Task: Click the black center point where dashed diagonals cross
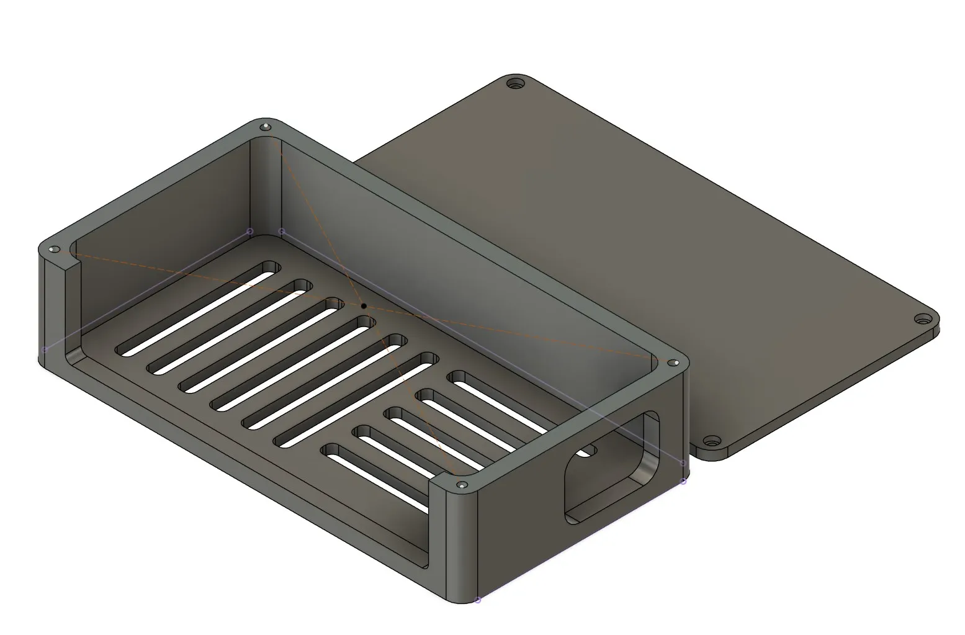point(364,305)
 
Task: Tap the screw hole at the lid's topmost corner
point(514,83)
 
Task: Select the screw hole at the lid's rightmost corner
point(923,320)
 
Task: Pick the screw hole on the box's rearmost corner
point(266,127)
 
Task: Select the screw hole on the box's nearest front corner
point(460,485)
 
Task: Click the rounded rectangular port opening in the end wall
point(611,466)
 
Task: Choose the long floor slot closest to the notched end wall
point(197,308)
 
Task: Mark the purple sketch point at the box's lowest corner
point(477,600)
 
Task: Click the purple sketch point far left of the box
point(45,349)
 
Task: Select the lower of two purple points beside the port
point(684,481)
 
